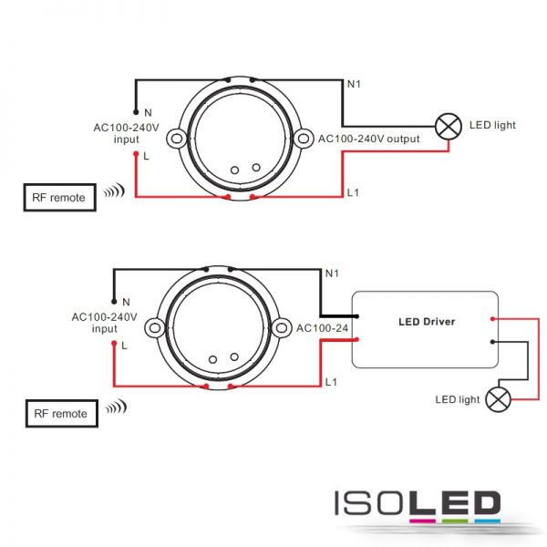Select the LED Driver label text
pos(427,322)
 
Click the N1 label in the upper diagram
pos(354,84)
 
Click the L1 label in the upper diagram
pos(353,192)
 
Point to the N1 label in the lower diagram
pos(332,273)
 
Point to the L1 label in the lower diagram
pos(331,382)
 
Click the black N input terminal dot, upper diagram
pos(136,112)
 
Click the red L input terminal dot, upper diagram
pos(136,154)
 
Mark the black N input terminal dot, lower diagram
pos(114,302)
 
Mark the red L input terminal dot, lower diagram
pos(114,344)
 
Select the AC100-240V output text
pos(368,139)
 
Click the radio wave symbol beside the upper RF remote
pos(114,191)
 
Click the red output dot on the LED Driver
pos(492,319)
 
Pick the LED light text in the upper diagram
pos(492,125)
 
